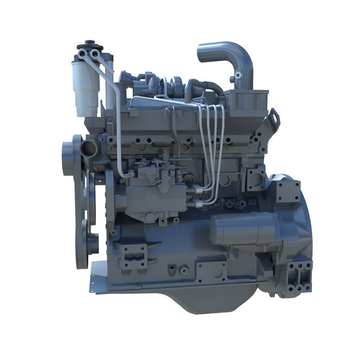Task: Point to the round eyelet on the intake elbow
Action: pyautogui.click(x=239, y=76)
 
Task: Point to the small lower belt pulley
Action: pyautogui.click(x=92, y=243)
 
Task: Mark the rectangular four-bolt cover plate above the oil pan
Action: pyautogui.click(x=210, y=271)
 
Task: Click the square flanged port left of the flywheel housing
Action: pyautogui.click(x=255, y=179)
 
